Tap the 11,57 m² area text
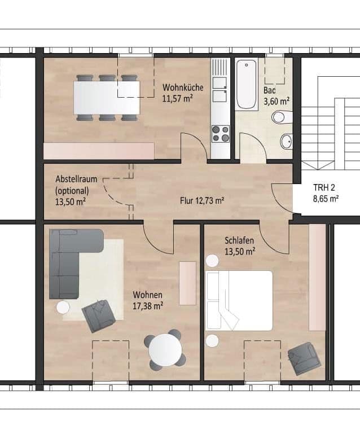pos(178,98)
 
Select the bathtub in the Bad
pos(246,85)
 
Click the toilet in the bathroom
pos(279,117)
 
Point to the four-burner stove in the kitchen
pos(220,134)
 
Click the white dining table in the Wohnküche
pos(107,98)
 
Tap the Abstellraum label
pos(76,179)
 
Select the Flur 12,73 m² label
pos(202,200)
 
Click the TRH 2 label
pos(326,189)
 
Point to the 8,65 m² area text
pos(326,199)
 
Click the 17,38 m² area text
pos(148,305)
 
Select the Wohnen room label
pos(148,295)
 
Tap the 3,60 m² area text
pos(276,102)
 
